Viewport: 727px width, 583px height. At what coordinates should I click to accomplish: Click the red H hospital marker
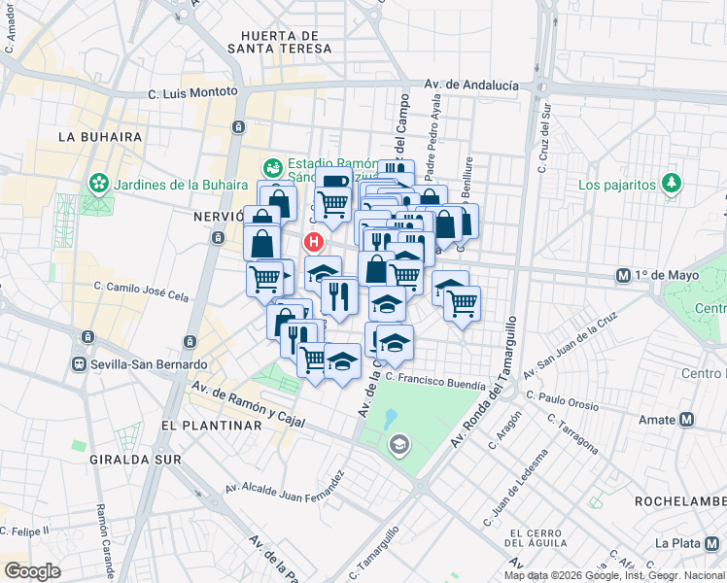pyautogui.click(x=314, y=241)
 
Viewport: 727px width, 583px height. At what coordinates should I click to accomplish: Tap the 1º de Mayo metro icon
pyautogui.click(x=623, y=276)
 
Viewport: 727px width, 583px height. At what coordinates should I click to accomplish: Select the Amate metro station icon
pyautogui.click(x=687, y=420)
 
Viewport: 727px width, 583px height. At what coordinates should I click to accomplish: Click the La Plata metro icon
pyautogui.click(x=716, y=543)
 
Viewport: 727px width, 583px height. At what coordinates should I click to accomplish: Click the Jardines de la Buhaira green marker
pyautogui.click(x=97, y=183)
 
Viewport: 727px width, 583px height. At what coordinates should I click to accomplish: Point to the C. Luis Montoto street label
pyautogui.click(x=192, y=91)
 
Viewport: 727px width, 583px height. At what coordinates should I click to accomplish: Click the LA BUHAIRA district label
pyautogui.click(x=100, y=137)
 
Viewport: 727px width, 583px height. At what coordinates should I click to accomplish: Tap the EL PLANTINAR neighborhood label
pyautogui.click(x=212, y=426)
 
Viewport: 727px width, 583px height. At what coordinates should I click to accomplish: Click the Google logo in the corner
pyautogui.click(x=32, y=570)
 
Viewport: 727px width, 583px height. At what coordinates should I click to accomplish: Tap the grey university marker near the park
pyautogui.click(x=398, y=446)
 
